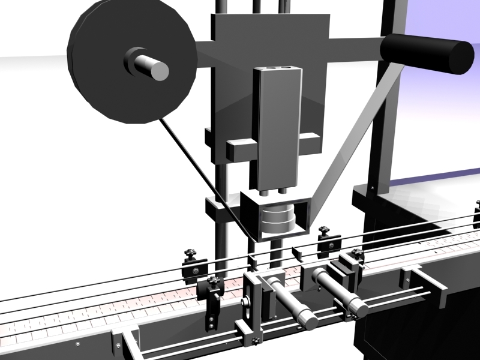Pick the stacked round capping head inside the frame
click(x=277, y=220)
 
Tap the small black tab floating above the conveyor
click(x=295, y=252)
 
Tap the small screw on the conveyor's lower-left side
click(x=77, y=344)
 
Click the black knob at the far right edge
click(x=477, y=207)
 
